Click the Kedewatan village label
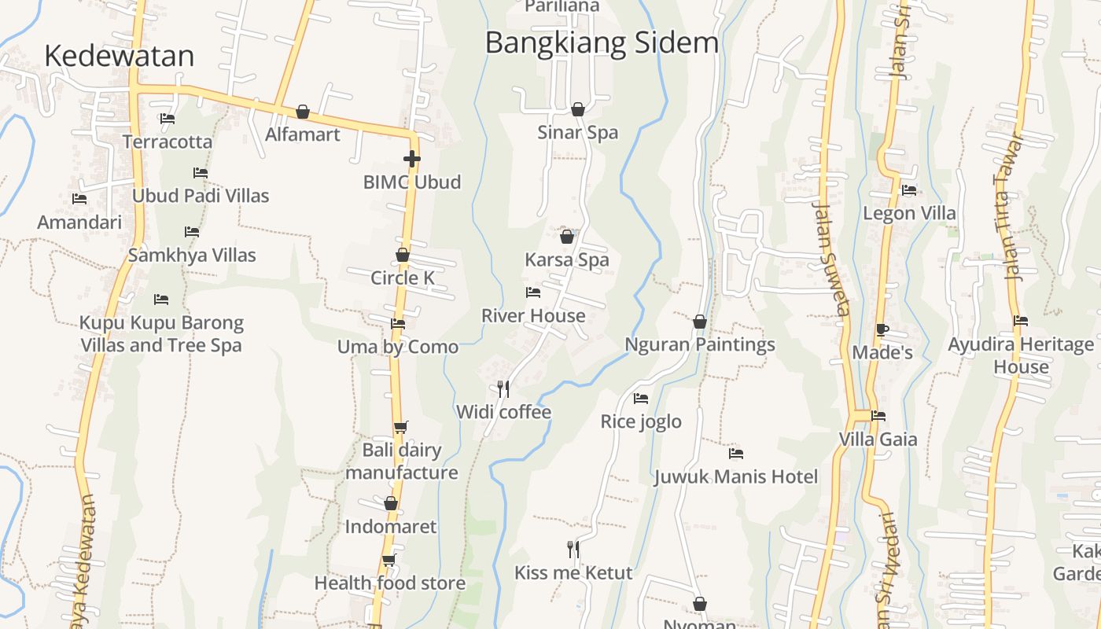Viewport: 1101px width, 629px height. (119, 56)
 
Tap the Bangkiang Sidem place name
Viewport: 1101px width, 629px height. (602, 42)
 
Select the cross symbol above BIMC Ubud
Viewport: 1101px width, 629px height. (411, 159)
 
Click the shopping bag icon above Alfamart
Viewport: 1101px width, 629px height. (303, 112)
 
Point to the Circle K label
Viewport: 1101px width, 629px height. (402, 278)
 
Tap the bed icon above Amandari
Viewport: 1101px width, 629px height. (79, 199)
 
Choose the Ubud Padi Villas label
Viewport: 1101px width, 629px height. (201, 196)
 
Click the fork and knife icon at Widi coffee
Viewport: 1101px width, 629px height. (503, 388)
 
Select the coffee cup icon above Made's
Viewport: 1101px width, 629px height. (882, 329)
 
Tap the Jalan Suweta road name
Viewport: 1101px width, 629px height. (832, 259)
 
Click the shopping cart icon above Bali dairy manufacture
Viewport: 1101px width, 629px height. (401, 427)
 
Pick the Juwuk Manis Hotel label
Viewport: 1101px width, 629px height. (736, 476)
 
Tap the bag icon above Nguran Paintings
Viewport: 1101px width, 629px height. (700, 322)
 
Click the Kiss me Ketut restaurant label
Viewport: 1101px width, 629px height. (573, 572)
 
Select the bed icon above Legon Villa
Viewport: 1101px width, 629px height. (909, 190)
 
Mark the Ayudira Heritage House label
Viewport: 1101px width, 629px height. (1021, 355)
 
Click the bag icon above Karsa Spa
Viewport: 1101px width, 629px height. (567, 237)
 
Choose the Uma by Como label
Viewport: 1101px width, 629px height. (398, 347)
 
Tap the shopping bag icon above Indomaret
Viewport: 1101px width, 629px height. (391, 504)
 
